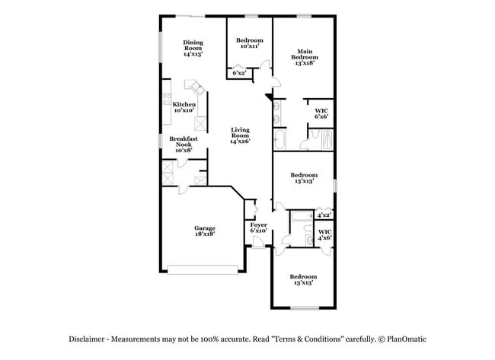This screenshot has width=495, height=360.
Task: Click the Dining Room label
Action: point(193,49)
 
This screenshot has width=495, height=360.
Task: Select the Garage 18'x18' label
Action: point(203,231)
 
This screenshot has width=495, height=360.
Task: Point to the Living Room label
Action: point(241,135)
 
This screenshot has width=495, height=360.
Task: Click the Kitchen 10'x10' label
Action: point(184,107)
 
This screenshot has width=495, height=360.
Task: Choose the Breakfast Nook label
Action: point(184,145)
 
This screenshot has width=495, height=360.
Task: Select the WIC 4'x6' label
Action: point(324,234)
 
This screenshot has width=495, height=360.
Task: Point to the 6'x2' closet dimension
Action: point(239,73)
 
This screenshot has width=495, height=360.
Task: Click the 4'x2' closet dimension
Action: point(324,215)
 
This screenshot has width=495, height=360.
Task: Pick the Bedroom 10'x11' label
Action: point(249,43)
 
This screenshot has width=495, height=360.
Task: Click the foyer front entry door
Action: point(260,245)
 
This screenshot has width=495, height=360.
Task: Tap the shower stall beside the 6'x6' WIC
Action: point(326,140)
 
